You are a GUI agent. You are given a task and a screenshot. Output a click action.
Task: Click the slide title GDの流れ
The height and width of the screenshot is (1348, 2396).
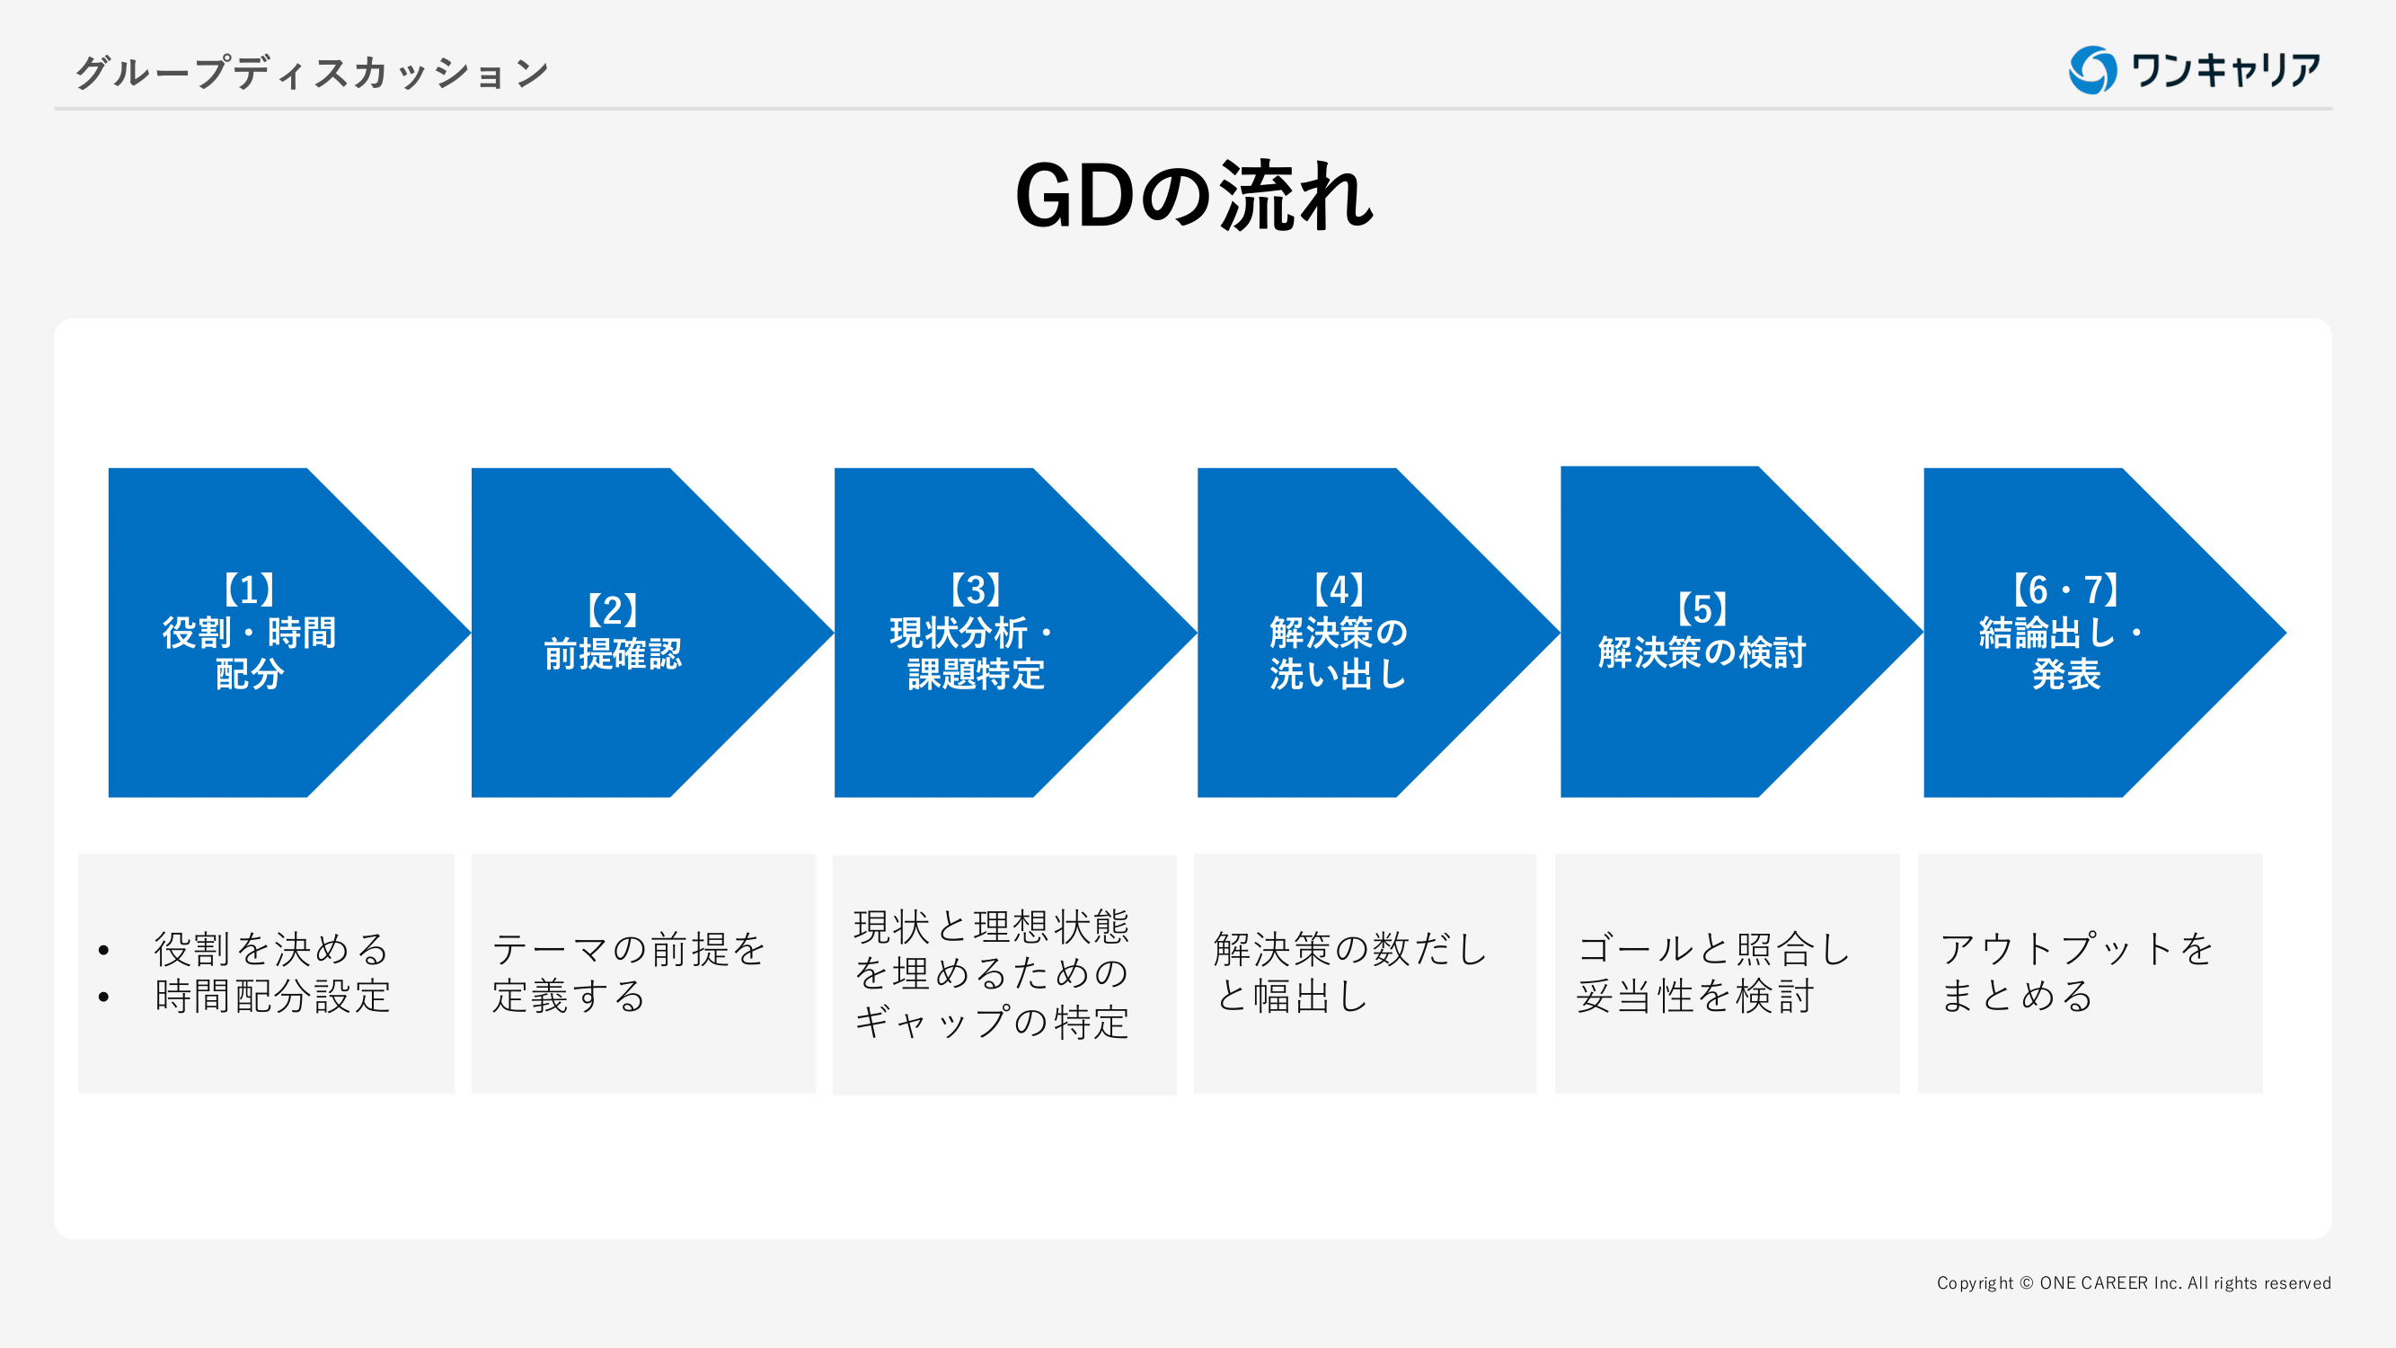point(1194,195)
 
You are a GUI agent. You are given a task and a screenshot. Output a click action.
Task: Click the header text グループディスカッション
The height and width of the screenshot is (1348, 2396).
point(312,73)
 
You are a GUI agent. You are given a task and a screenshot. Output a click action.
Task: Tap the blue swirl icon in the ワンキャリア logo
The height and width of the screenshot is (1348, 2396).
point(2091,71)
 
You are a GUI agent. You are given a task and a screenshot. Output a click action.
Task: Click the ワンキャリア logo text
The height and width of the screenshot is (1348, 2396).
point(2226,71)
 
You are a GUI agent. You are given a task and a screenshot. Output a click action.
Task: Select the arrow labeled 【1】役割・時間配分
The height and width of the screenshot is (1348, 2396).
point(249,633)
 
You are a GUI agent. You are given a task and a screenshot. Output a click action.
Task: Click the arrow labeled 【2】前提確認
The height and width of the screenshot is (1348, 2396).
point(612,633)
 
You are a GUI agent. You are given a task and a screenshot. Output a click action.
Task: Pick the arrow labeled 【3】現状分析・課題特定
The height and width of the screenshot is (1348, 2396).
point(975,633)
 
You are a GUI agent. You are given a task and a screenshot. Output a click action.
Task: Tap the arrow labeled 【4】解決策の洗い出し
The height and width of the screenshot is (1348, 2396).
point(1338,633)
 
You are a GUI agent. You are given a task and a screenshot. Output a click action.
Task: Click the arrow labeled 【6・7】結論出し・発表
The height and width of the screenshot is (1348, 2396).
point(2064,633)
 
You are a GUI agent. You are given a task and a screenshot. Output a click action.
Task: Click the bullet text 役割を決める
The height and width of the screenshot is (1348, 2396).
point(271,949)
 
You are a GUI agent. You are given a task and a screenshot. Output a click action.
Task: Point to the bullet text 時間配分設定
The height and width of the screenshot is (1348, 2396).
point(271,997)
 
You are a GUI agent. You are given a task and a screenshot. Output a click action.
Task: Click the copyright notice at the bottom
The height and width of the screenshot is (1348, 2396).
point(2133,1283)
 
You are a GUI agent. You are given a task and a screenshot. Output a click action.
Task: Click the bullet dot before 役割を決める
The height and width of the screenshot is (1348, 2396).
point(104,950)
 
